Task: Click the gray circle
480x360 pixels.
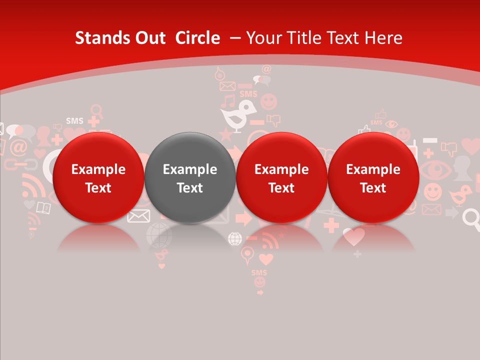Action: tap(189, 177)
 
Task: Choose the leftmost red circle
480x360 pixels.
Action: tap(98, 177)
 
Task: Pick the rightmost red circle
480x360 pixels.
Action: tap(373, 177)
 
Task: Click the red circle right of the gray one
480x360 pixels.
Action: tap(281, 177)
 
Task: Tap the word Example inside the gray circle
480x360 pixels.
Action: tap(190, 169)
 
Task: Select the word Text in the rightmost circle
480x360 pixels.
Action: tap(373, 188)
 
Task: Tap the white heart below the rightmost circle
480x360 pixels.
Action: tap(354, 236)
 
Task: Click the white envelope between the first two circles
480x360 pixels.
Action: tap(138, 215)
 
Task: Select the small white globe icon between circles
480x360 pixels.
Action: tap(235, 238)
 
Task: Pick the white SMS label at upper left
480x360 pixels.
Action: tap(74, 121)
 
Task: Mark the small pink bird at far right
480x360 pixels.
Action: tap(460, 195)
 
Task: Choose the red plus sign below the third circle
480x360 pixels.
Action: tap(331, 225)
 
